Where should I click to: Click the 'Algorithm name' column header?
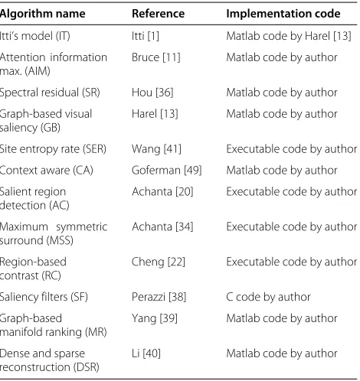click(x=42, y=14)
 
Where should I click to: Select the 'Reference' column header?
click(x=158, y=14)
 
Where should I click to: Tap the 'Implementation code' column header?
click(x=283, y=14)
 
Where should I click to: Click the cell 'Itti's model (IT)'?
click(x=35, y=36)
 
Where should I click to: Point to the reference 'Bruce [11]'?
click(x=156, y=57)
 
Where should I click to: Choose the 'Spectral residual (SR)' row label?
click(x=50, y=93)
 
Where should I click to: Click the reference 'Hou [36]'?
click(x=152, y=93)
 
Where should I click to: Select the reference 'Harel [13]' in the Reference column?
click(x=155, y=114)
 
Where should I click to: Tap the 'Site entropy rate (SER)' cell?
click(x=53, y=149)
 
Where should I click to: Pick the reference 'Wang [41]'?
click(x=156, y=149)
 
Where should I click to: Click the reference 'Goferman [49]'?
click(x=167, y=171)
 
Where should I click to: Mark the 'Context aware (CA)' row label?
click(x=47, y=171)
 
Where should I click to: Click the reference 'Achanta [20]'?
click(x=162, y=192)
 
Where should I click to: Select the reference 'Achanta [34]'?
click(x=162, y=226)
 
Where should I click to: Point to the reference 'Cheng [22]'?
click(x=159, y=262)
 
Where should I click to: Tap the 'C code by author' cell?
click(x=268, y=297)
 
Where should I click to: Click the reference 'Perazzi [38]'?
click(x=159, y=297)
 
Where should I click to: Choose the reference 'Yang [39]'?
click(x=155, y=318)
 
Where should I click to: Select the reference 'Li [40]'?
click(x=146, y=353)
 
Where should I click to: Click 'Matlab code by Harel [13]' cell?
click(x=289, y=36)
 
